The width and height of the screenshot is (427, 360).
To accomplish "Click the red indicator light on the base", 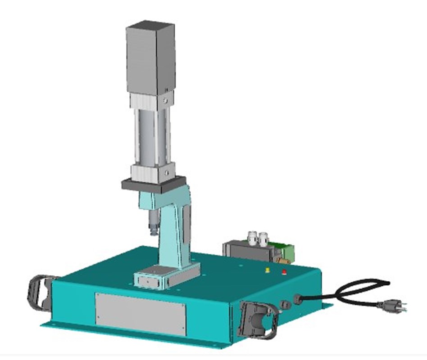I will point(284,271).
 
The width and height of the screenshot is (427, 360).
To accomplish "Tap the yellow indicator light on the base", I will point(268,270).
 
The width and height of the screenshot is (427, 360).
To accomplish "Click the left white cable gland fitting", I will point(251,238).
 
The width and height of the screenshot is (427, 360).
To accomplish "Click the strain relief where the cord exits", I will point(298,299).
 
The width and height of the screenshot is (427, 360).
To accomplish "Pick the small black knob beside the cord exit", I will point(284,305).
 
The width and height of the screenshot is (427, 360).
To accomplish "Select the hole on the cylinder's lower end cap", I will point(166,172).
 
